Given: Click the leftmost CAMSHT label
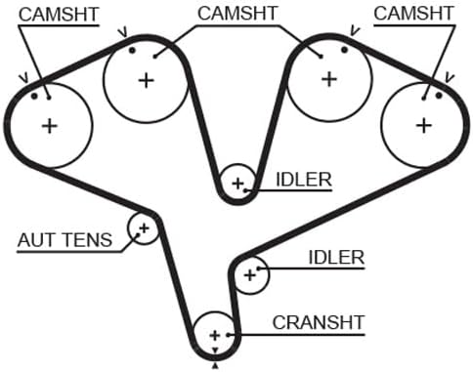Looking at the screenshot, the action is [x=59, y=15].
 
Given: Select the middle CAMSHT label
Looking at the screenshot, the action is [x=237, y=14].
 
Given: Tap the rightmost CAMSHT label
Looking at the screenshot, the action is [x=413, y=14].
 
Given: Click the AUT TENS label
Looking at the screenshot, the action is [x=65, y=240].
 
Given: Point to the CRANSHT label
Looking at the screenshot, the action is [x=319, y=322].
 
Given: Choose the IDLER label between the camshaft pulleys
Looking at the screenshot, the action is [x=304, y=180].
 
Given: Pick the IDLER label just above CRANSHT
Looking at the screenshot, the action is [x=336, y=258].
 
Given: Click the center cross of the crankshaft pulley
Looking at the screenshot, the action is [x=215, y=335].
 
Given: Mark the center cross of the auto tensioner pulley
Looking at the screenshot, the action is [x=144, y=228].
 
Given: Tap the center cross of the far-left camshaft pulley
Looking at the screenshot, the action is [x=50, y=126].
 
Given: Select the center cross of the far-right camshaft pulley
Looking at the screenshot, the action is [x=424, y=126].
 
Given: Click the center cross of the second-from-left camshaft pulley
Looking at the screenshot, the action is [x=147, y=80].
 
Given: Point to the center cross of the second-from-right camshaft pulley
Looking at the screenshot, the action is [x=329, y=79].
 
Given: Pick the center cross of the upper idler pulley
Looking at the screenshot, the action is [x=237, y=184].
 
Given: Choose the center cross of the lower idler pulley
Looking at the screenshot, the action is [x=250, y=275].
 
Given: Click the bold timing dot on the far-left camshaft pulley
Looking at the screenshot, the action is [x=34, y=96].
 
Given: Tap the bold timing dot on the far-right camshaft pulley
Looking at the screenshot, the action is [x=439, y=96].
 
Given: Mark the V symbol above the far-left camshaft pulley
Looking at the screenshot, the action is [x=23, y=78].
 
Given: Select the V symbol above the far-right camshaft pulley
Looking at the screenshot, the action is [x=450, y=78].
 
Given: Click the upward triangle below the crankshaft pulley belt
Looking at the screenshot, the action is [x=215, y=366].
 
